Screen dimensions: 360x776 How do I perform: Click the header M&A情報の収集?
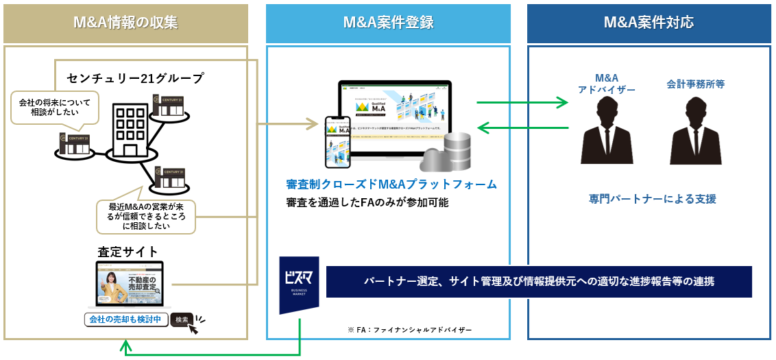point(125,23)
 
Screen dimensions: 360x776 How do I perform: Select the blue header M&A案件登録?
point(388,23)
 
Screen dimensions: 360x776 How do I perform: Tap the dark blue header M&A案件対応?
point(648,23)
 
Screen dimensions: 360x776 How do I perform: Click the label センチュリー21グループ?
point(135,78)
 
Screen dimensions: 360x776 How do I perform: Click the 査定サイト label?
point(128,252)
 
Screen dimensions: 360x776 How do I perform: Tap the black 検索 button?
point(182,320)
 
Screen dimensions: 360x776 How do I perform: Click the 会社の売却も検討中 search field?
point(125,320)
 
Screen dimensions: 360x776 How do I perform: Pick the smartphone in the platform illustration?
point(337,139)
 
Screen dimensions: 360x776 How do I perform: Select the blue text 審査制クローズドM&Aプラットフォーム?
point(391,184)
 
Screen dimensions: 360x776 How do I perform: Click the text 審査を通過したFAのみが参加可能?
point(367,202)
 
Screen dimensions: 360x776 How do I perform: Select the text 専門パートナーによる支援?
point(652,199)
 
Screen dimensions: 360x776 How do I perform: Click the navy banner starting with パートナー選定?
point(539,282)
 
